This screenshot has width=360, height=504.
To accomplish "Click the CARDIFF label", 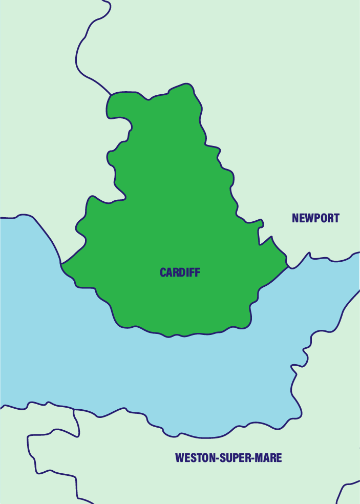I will pos(180,272).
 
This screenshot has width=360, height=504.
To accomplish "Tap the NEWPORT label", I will pos(315,218).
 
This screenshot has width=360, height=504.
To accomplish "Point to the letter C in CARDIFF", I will pos(163,272).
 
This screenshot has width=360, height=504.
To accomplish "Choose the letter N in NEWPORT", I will pos(295,218).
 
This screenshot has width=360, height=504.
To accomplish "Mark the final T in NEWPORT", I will pos(336,218).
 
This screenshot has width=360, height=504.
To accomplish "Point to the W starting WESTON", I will pos(180,457).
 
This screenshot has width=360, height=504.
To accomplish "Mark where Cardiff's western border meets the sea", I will pos(61,264).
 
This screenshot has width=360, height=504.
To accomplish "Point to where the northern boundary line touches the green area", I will pos(111,95).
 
